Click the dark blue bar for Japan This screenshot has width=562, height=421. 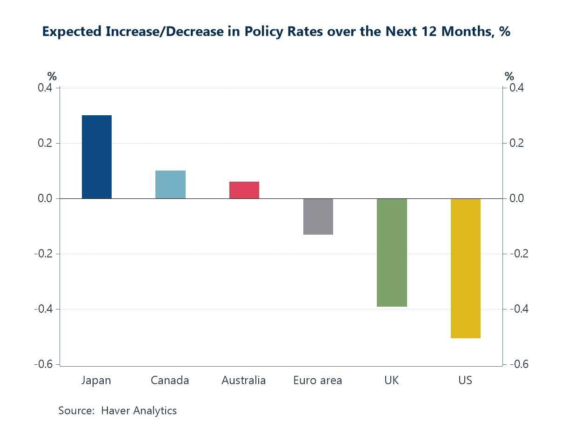pos(97,157)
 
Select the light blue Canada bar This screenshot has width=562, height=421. pos(170,184)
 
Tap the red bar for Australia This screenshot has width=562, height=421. pos(244,190)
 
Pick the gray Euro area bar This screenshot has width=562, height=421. pos(318,217)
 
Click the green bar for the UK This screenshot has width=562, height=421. pos(392,252)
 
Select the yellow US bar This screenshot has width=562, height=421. pos(465,268)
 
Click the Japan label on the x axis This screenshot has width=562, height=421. pos(96,381)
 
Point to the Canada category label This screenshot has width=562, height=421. pos(170,381)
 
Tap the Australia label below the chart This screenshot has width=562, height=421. pos(243,381)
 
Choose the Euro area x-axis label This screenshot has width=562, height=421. pos(317,381)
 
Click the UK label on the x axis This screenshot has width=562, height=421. pos(391,381)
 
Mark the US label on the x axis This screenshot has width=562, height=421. pos(465,381)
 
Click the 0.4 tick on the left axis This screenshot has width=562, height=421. pos(45,88)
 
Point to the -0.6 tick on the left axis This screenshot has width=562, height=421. pos(43,364)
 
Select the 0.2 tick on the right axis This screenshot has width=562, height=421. pos(516,143)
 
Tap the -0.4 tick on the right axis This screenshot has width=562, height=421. pos(518,309)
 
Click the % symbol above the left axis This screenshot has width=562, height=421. pos(52,77)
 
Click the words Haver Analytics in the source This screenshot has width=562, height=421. pos(139,411)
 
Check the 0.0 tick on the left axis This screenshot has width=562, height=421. pos(45,198)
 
